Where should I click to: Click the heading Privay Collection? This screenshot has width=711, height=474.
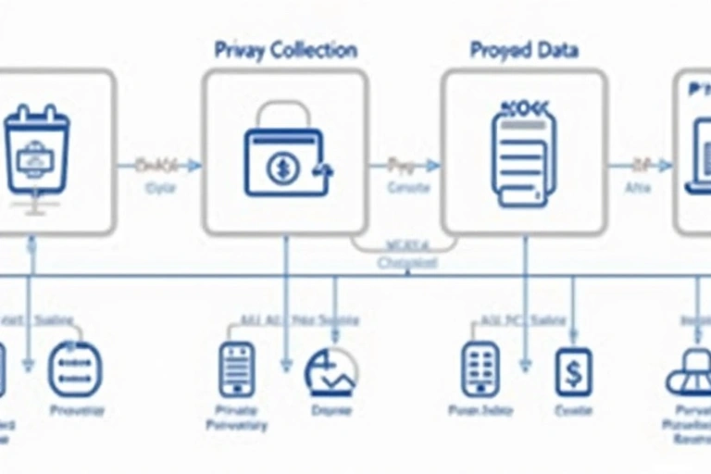pos(285,50)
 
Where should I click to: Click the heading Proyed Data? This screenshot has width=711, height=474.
pos(524,50)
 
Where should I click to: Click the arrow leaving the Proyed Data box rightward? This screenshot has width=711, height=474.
pos(639,166)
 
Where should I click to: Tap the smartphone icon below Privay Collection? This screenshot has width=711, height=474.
pos(236,369)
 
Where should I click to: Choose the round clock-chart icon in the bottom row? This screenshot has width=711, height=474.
pos(331,372)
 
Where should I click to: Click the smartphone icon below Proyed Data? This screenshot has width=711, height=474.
pos(480,369)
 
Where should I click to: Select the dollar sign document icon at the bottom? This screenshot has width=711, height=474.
pos(573,372)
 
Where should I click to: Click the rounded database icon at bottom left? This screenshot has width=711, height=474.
pos(75,368)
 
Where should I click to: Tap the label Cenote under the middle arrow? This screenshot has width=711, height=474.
pos(407,188)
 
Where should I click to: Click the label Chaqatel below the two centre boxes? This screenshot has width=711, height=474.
pos(407,264)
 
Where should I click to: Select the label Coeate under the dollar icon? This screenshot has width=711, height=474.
pos(572,411)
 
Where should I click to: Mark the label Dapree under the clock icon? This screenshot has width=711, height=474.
pos(331,409)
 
